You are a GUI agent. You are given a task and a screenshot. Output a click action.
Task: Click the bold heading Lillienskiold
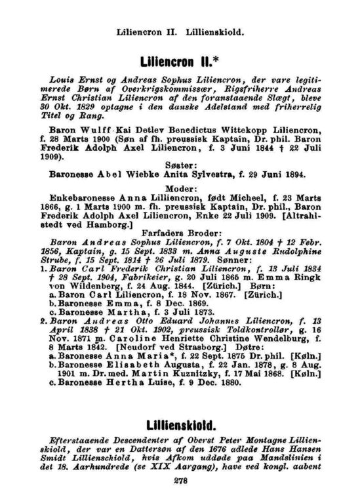click(x=180, y=417)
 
